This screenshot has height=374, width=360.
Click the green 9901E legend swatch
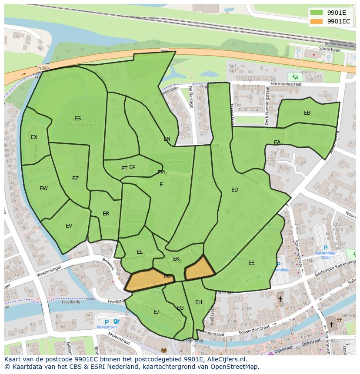click(317, 13)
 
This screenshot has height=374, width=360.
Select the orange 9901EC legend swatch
click(317, 21)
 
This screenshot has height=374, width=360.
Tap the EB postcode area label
click(307, 113)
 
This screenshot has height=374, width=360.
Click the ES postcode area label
click(77, 119)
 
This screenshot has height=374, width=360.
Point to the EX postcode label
click(34, 137)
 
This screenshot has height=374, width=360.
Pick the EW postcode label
click(43, 189)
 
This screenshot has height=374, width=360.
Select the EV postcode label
click(69, 226)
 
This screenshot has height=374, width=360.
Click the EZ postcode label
click(75, 179)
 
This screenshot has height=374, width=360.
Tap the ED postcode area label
click(235, 190)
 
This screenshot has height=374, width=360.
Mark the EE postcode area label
click(251, 263)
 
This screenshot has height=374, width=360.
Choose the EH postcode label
click(198, 302)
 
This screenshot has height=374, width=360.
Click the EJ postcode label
click(156, 312)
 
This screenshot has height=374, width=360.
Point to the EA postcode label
click(277, 142)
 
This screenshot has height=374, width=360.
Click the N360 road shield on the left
click(43, 68)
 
